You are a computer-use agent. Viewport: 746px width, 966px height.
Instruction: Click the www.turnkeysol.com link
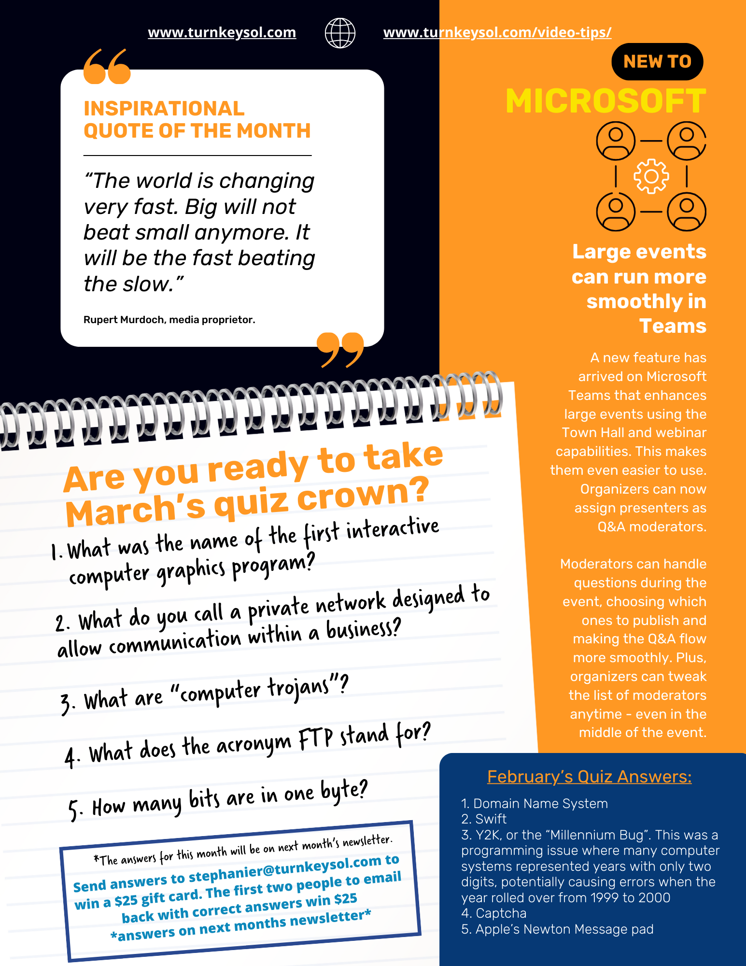tap(222, 32)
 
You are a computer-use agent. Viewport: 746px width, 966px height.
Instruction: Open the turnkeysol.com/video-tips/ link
tap(497, 32)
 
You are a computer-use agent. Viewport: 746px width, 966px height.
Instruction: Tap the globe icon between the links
tap(340, 33)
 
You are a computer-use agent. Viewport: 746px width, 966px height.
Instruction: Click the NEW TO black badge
tap(657, 62)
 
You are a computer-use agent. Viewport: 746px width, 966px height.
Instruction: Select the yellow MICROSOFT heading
tap(605, 101)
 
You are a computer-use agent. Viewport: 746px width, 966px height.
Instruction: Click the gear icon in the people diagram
tap(651, 176)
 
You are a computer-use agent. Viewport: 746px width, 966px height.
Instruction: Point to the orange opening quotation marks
tap(107, 66)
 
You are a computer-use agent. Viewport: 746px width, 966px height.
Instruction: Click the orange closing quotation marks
tap(340, 349)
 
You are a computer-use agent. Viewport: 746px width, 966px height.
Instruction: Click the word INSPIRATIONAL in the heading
tap(164, 109)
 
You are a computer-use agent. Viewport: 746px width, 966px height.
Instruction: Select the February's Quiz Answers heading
tap(589, 777)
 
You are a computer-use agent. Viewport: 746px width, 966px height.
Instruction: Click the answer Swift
tap(491, 819)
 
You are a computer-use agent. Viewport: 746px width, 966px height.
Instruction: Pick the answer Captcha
tap(501, 913)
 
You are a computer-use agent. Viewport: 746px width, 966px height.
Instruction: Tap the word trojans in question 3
tap(298, 688)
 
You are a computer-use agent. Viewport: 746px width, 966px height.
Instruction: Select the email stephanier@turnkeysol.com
tap(284, 869)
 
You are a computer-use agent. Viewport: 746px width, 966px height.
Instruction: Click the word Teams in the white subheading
tap(673, 327)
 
